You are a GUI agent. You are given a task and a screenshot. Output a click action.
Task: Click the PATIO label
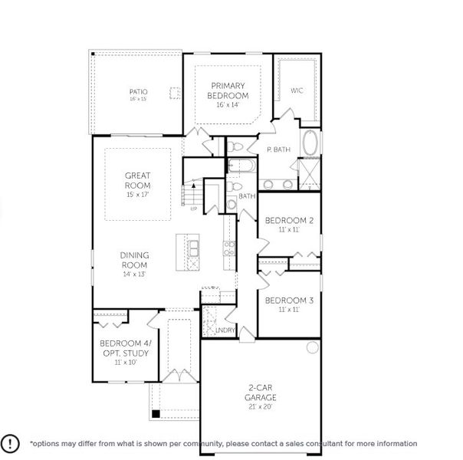click(137, 92)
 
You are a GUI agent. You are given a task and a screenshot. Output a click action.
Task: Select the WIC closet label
click(297, 90)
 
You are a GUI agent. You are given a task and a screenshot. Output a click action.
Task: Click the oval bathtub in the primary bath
click(311, 143)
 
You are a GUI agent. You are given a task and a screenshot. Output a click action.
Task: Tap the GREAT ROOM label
click(137, 180)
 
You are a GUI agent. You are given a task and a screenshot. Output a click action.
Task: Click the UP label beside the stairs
click(193, 208)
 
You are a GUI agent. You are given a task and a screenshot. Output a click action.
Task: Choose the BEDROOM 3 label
click(288, 301)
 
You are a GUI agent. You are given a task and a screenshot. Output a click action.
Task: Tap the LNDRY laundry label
click(224, 330)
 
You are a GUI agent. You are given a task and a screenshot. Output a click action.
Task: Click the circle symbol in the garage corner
click(313, 348)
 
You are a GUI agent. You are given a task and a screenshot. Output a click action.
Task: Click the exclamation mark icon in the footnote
click(11, 443)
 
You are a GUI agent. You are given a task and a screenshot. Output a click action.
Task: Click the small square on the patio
click(174, 93)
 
